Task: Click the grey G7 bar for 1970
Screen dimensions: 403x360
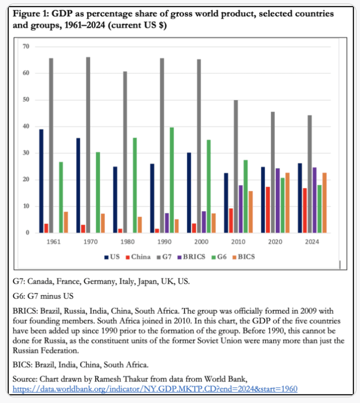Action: [x=88, y=145]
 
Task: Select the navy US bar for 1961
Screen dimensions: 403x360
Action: [x=41, y=181]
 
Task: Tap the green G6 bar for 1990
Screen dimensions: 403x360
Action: [x=172, y=180]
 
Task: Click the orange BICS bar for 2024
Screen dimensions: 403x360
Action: [x=325, y=203]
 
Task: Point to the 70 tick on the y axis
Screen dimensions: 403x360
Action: [x=26, y=47]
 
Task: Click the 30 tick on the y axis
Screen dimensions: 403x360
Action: [x=26, y=153]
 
